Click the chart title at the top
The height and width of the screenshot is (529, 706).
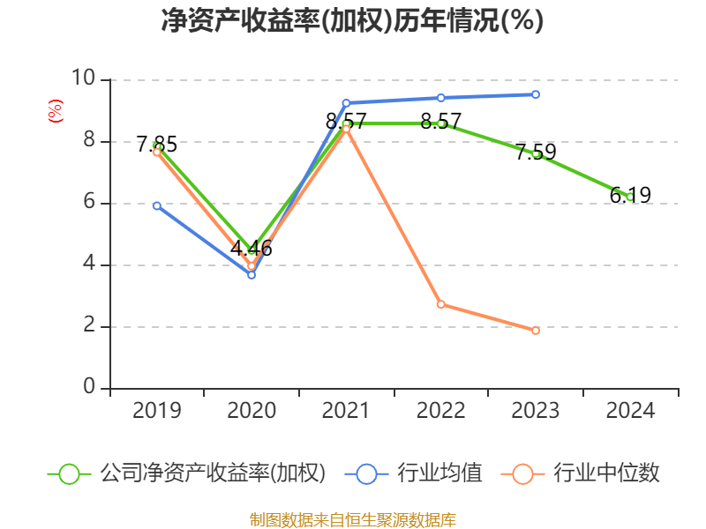pos(352,21)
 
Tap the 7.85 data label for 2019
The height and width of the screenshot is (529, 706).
pos(157,144)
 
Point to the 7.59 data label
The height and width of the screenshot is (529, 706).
pos(536,152)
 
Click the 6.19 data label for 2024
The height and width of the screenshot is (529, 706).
pos(630,195)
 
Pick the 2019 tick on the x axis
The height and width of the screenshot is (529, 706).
pos(157,411)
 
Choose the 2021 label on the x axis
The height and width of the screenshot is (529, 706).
pos(346,411)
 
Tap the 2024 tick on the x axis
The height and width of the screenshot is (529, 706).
pos(630,411)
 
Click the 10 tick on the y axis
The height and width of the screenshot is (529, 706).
pos(84,80)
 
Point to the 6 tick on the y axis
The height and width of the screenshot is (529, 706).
pos(89,203)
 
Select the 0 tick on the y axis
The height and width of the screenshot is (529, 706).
pos(89,388)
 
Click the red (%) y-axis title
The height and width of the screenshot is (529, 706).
pos(55,111)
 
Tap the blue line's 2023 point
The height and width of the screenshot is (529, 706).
pos(536,94)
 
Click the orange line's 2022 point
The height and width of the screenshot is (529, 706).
pos(440,304)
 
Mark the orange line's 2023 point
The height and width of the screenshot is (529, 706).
pos(536,331)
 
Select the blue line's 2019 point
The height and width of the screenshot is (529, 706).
pos(157,205)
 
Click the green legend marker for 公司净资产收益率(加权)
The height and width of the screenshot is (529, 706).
pos(69,473)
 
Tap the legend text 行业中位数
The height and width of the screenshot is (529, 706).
pos(606,473)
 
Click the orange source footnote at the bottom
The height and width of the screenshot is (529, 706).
pos(352,519)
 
